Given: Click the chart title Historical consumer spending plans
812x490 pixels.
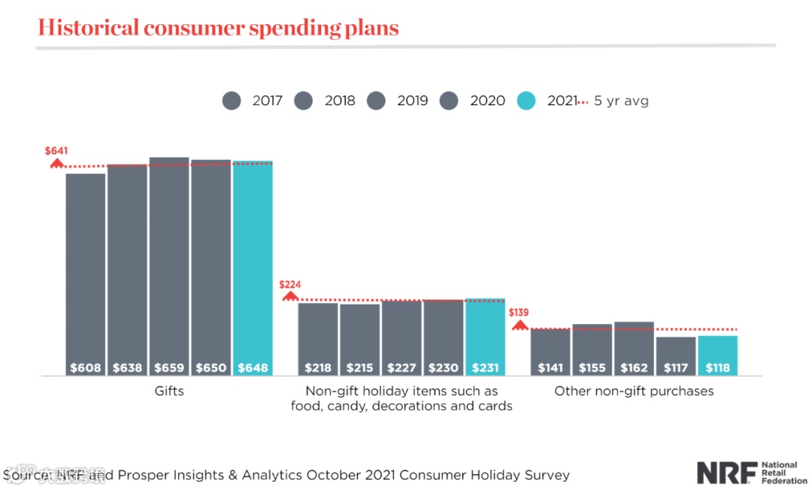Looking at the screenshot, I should point(218,28).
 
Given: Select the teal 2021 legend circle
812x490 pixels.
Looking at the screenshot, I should point(527,101).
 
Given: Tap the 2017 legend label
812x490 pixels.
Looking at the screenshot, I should point(268,101).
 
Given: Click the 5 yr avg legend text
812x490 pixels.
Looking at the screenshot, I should point(621,101).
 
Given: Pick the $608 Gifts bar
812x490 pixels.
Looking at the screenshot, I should point(85,274).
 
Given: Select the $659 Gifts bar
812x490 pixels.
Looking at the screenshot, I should point(169,267).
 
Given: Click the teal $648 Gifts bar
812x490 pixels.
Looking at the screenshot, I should point(253,268).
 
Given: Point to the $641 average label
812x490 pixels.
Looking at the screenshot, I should point(56,151).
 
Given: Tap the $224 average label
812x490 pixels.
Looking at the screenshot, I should point(290,285).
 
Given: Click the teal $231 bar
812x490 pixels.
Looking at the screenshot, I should point(485,337).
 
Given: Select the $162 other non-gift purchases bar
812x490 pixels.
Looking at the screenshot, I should point(634,349).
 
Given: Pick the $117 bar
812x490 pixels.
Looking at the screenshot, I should point(676,356).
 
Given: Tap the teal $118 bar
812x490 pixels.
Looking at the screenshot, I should point(718,355).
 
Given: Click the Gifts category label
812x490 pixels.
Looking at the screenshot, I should point(169,392).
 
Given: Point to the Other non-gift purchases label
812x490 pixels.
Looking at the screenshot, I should point(634,392).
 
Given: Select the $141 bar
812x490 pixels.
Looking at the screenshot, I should point(550,352).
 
